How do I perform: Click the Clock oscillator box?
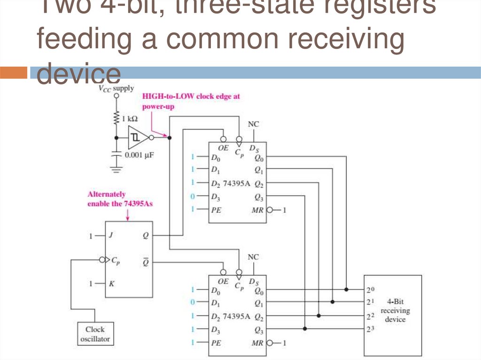(x=95, y=334)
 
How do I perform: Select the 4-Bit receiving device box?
(x=393, y=315)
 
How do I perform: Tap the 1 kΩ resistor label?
(x=130, y=119)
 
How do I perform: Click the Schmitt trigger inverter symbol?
(x=137, y=138)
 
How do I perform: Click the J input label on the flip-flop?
(x=110, y=236)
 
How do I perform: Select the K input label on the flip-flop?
(x=110, y=283)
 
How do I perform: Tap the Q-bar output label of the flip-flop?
(x=145, y=261)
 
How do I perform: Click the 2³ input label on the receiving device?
(x=370, y=329)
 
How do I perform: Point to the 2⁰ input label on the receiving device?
(x=370, y=290)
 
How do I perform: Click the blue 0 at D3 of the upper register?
(x=192, y=196)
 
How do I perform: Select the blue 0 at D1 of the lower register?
(x=192, y=302)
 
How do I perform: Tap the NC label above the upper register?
(x=253, y=124)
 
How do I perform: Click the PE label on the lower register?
(x=215, y=343)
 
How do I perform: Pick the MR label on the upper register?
(x=257, y=210)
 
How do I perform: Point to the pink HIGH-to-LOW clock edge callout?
(x=191, y=100)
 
